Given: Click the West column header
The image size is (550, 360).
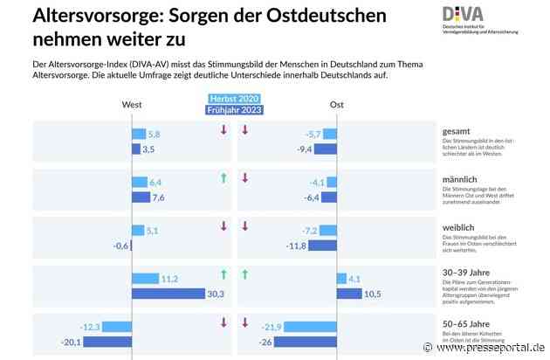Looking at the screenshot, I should (x=132, y=104).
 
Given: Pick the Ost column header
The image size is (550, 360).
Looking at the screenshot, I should (x=336, y=104).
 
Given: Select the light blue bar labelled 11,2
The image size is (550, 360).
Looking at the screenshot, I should (x=145, y=279).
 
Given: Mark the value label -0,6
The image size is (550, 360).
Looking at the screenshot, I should (x=121, y=246).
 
